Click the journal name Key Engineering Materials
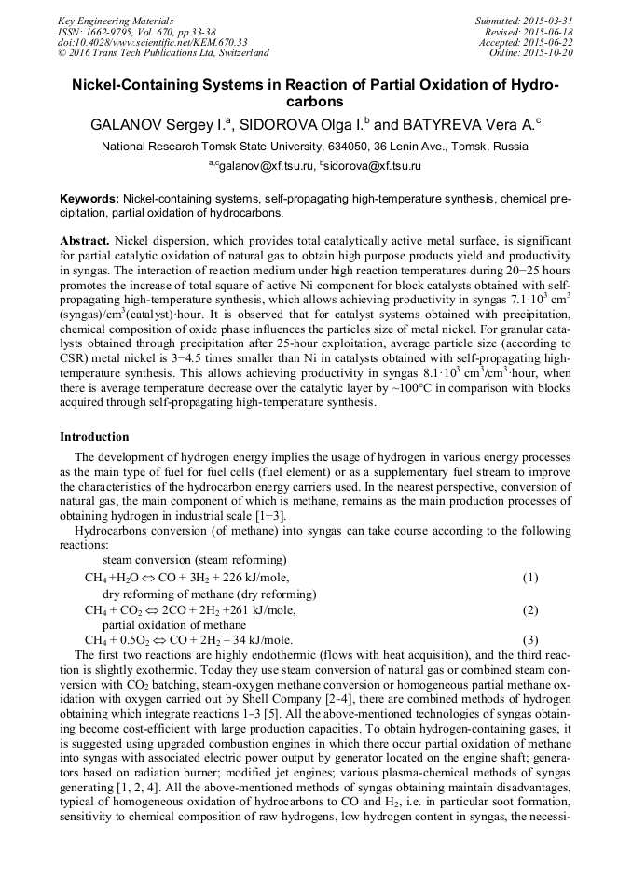point(117,21)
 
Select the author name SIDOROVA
point(278,123)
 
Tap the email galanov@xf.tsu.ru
point(266,166)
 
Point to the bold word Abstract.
point(85,240)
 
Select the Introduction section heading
point(94,436)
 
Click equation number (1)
point(529,578)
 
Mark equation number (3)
point(529,640)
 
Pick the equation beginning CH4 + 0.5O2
point(188,640)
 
